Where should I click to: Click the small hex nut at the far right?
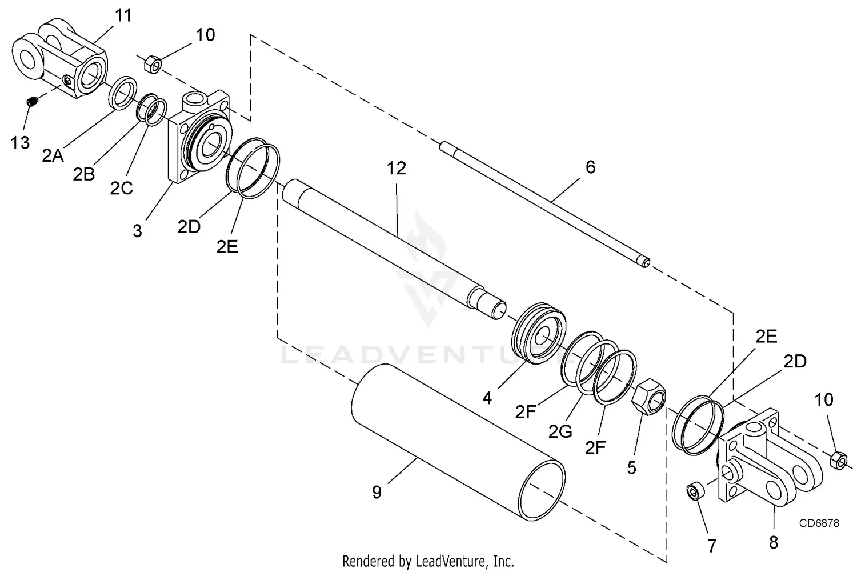tap(838, 459)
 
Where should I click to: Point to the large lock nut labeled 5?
tap(650, 396)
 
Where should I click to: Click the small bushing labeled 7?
tap(696, 491)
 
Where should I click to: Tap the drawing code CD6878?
tap(819, 523)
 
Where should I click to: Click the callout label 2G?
tap(560, 431)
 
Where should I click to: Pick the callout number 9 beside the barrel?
tap(377, 492)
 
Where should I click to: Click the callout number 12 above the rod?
tap(396, 168)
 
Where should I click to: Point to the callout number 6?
tap(590, 167)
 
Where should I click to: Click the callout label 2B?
tap(83, 174)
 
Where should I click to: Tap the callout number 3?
tap(137, 231)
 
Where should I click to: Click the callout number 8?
tap(774, 541)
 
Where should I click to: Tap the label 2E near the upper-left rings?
tap(227, 246)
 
